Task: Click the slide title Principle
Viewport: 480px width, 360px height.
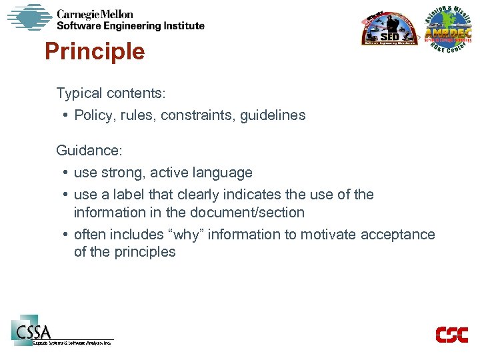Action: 94,51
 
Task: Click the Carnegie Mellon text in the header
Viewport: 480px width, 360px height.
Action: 95,14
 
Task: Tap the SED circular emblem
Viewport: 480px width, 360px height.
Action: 389,29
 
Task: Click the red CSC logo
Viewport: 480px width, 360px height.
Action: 451,335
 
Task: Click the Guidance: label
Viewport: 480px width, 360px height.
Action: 89,151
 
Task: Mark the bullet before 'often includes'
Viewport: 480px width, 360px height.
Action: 67,235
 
